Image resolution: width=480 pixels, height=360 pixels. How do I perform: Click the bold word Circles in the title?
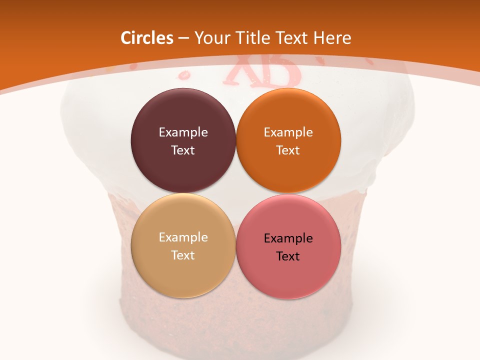point(146,38)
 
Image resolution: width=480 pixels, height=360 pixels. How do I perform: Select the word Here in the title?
point(332,38)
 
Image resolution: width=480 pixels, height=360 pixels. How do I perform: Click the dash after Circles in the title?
point(183,38)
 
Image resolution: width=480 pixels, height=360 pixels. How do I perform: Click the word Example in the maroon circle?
point(183,132)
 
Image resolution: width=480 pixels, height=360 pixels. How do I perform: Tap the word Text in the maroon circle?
point(183,150)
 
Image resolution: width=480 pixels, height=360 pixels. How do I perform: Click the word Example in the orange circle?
point(288,132)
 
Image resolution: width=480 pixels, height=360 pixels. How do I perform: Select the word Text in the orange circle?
point(288,150)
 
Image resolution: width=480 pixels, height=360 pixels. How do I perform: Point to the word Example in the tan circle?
point(183,237)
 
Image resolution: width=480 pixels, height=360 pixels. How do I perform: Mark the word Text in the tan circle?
point(183,255)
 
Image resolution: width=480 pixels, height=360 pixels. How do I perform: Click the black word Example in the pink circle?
point(288,238)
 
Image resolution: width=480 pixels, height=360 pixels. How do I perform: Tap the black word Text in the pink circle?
point(288,256)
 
